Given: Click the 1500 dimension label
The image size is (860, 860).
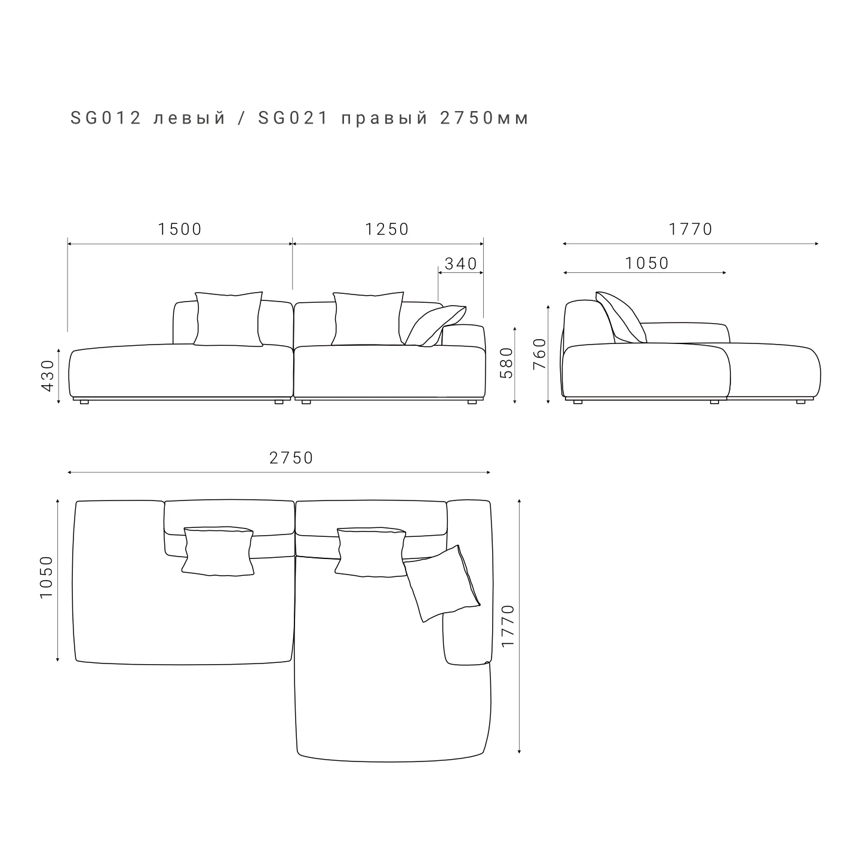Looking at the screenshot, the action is click(x=180, y=229).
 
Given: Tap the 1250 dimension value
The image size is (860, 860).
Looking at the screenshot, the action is click(x=387, y=229).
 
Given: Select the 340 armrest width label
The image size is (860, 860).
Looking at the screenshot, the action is click(x=461, y=264).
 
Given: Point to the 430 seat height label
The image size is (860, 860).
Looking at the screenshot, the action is click(x=48, y=376).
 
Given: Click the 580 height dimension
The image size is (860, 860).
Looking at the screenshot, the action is click(x=506, y=363).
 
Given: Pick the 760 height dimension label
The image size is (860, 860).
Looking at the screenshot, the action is click(x=539, y=354).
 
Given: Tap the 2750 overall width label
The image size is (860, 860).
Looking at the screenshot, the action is click(x=291, y=458).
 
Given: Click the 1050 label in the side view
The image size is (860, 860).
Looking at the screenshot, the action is click(x=647, y=263).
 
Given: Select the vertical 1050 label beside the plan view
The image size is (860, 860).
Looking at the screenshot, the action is click(x=47, y=577).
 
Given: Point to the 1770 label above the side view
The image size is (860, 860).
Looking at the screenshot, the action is click(x=690, y=229).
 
